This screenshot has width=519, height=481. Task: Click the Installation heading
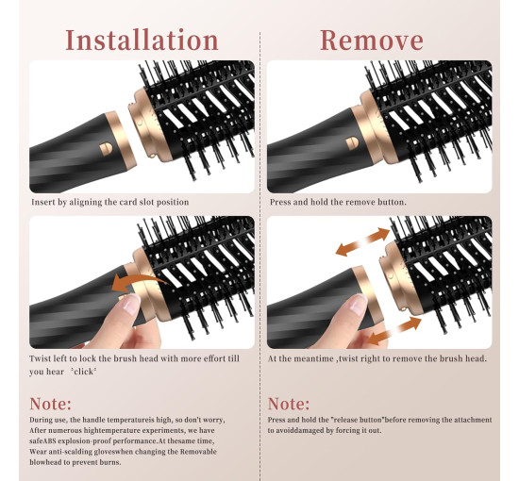pyautogui.click(x=142, y=40)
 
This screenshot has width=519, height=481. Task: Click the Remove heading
pyautogui.click(x=372, y=41)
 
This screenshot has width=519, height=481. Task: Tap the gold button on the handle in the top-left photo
pyautogui.click(x=106, y=149)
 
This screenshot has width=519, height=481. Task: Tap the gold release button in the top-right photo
pyautogui.click(x=352, y=143)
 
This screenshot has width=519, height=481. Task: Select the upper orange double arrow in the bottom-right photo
pyautogui.click(x=362, y=241)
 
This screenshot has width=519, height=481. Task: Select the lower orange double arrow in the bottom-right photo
pyautogui.click(x=394, y=331)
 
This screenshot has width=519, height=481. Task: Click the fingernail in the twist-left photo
pyautogui.click(x=131, y=304)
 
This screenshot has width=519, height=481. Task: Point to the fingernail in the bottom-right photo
pyautogui.click(x=359, y=305)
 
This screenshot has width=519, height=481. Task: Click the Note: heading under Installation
pyautogui.click(x=50, y=404)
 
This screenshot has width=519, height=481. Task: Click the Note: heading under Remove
pyautogui.click(x=289, y=404)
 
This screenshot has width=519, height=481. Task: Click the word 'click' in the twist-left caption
pyautogui.click(x=83, y=372)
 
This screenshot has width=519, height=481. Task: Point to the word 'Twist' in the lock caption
pyautogui.click(x=40, y=358)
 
